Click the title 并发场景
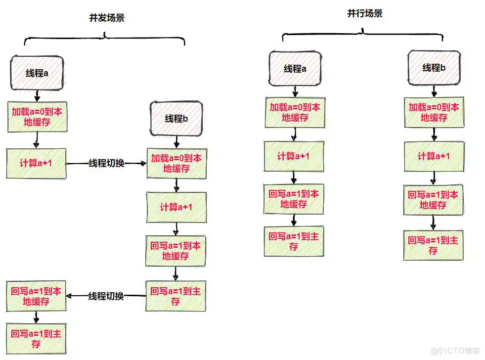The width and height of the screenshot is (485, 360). (x=106, y=18)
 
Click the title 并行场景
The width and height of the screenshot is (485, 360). (x=364, y=13)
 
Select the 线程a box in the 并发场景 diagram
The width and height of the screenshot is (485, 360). (x=37, y=73)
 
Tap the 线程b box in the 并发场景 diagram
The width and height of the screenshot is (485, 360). (x=176, y=119)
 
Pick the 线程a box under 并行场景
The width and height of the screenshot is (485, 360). (x=295, y=69)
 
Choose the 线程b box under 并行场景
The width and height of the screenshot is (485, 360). (x=434, y=68)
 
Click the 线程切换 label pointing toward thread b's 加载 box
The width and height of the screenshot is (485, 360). (x=106, y=163)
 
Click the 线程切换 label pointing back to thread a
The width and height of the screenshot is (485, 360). (x=106, y=296)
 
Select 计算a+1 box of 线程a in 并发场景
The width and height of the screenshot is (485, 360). (x=36, y=163)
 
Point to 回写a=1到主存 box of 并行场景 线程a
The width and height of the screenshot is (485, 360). (x=294, y=241)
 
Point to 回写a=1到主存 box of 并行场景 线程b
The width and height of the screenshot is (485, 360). (x=434, y=245)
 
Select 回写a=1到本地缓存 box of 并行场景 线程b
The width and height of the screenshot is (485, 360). (x=434, y=200)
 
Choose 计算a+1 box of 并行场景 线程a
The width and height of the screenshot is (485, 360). (x=294, y=156)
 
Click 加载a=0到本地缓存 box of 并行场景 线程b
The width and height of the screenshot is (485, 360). (x=434, y=112)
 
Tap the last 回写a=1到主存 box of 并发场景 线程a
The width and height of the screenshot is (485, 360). (x=36, y=338)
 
